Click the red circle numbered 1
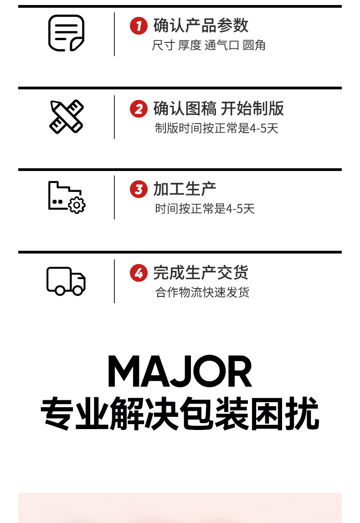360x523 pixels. coord(139,25)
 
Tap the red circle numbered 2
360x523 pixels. coord(139,109)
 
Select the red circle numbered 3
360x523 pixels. coord(139,189)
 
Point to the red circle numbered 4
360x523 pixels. coord(139,273)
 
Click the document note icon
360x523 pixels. coord(66,33)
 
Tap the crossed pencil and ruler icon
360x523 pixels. coord(66,116)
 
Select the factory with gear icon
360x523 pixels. coord(67,197)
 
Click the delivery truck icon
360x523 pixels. coord(66,281)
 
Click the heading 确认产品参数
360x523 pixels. coord(201,25)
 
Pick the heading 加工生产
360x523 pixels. coord(185,189)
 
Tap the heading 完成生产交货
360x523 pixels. coord(201,273)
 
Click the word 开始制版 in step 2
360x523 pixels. coord(252,109)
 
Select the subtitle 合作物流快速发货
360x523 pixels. coord(202,292)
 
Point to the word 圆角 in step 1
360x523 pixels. coord(254,46)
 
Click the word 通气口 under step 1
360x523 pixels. coord(222,46)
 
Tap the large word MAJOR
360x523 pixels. coord(180,373)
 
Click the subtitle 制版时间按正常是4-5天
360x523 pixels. coord(216,128)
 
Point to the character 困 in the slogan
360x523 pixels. coord(267,414)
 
